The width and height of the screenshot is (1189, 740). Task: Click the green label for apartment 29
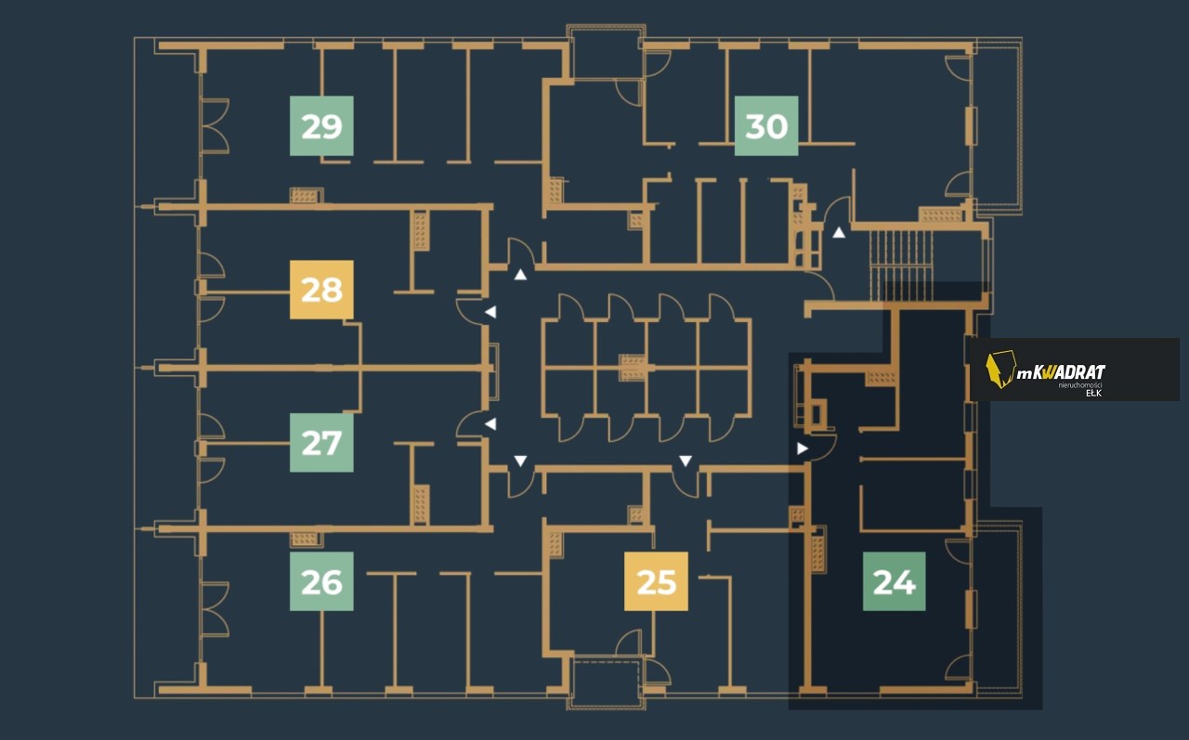(x=321, y=125)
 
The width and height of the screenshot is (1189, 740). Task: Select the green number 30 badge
(x=766, y=125)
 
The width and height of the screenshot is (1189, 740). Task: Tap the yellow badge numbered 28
(x=321, y=290)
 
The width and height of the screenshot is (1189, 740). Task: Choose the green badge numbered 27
(x=321, y=442)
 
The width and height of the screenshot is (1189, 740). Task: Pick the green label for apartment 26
(x=321, y=581)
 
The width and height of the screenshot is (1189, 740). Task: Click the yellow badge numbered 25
(x=656, y=581)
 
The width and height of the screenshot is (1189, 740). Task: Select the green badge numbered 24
(x=895, y=581)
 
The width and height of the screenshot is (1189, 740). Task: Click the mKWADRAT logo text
(x=1061, y=371)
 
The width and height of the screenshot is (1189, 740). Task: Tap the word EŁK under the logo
(x=1093, y=393)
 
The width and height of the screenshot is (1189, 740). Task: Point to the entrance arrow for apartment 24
(x=802, y=448)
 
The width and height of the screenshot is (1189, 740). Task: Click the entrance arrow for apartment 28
(x=491, y=312)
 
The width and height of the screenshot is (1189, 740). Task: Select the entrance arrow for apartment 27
(x=491, y=423)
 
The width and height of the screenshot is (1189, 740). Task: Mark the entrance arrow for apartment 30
(x=839, y=232)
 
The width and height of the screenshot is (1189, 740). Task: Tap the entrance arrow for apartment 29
(x=520, y=275)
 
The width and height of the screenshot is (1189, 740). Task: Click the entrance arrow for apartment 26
(x=520, y=461)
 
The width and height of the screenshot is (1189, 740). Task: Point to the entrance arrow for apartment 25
(x=686, y=461)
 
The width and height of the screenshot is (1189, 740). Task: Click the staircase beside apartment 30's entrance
(x=902, y=266)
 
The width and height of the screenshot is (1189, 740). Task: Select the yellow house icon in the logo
(x=1000, y=370)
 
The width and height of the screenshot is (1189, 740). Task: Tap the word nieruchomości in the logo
(x=1079, y=384)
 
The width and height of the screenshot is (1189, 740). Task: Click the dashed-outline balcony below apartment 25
(x=607, y=682)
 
